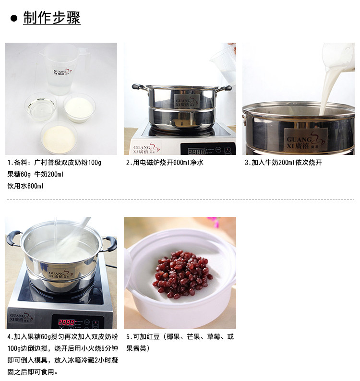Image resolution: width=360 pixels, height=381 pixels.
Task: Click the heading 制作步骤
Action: (52, 18)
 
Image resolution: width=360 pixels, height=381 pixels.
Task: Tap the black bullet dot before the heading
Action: (14, 19)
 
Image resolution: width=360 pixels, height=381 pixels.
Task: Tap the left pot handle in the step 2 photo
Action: (137, 87)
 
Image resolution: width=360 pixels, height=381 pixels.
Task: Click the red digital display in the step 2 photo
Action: (197, 150)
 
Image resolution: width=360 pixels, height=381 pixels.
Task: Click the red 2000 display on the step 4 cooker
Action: (67, 322)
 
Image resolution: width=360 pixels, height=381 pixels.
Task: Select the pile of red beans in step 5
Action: (182, 275)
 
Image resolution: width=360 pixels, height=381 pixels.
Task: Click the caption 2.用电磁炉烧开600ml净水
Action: (165, 163)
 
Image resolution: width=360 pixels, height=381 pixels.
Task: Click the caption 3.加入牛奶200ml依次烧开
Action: (283, 163)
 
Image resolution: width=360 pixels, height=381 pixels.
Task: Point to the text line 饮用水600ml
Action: (25, 186)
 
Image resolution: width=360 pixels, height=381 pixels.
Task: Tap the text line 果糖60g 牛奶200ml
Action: (36, 174)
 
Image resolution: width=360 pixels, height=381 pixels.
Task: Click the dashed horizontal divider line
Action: (180, 200)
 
